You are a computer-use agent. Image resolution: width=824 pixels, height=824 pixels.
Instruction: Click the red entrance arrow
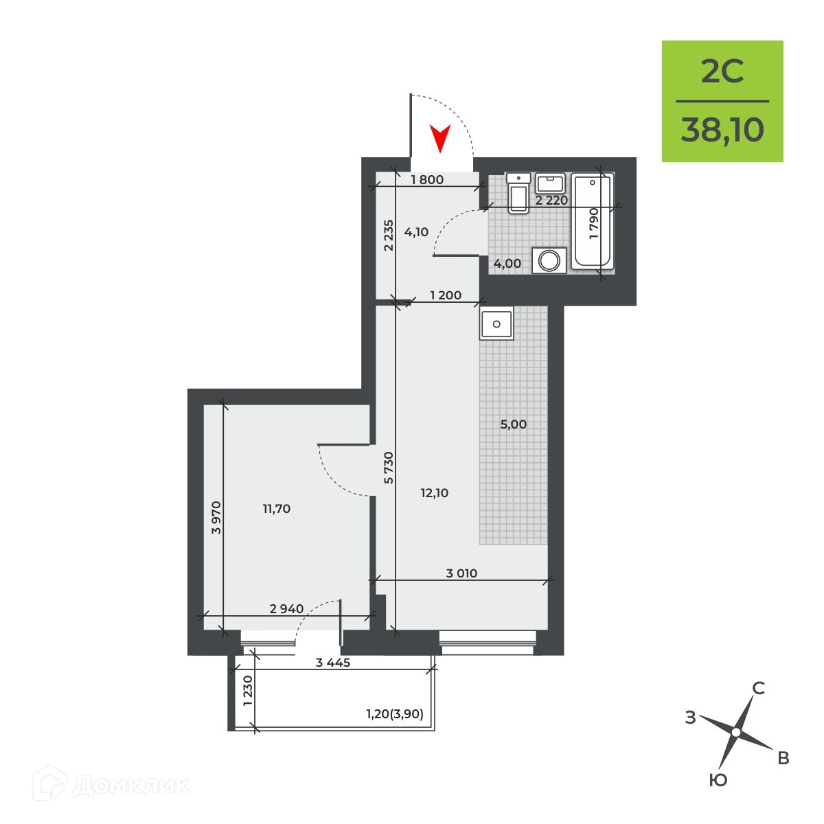(439, 139)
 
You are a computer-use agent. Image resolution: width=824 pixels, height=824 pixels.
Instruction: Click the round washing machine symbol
(549, 260)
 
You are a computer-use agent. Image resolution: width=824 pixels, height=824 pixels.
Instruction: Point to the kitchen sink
(496, 323)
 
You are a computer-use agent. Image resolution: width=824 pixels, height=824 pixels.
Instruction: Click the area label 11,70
(277, 509)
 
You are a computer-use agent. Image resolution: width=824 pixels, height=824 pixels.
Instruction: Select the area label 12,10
(435, 493)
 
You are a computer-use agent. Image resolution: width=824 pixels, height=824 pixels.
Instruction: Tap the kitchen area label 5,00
(513, 424)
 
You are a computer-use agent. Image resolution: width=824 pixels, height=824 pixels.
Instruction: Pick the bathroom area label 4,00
(507, 264)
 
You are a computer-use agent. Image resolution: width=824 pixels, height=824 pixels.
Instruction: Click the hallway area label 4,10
(416, 232)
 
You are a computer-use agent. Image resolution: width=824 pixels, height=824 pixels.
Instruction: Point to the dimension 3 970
(217, 518)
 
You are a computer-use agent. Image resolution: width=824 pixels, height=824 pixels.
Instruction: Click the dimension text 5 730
(388, 468)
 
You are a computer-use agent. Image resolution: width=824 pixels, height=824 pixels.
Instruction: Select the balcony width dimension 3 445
(333, 663)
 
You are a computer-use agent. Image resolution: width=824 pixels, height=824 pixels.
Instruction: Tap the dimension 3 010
(461, 573)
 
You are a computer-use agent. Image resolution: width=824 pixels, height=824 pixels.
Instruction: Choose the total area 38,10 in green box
(722, 130)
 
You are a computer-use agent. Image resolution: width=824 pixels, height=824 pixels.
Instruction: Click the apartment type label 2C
(722, 71)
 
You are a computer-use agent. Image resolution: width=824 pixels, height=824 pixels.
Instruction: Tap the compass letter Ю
(718, 780)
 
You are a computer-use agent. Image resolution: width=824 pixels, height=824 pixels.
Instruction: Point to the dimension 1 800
(427, 180)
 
